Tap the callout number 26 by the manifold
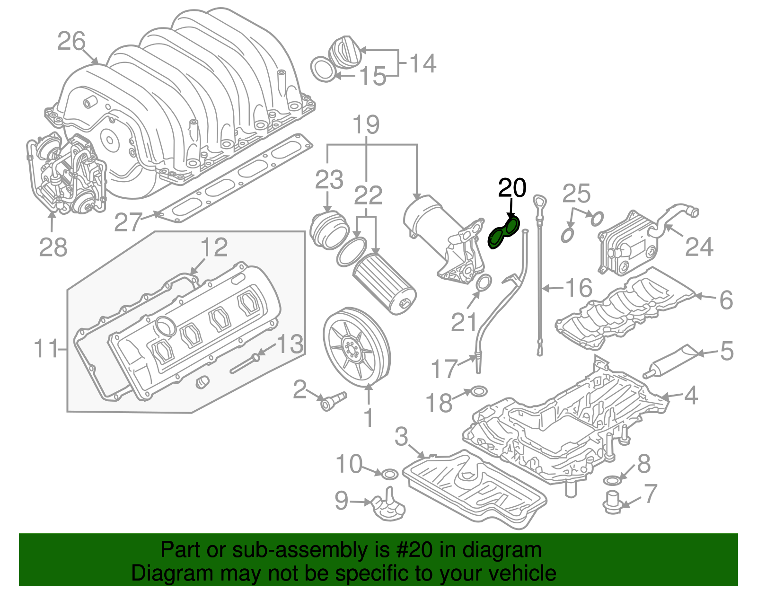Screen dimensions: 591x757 pos(71,41)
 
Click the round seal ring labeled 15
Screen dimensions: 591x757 pos(322,69)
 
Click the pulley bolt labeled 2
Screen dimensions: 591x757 pos(333,401)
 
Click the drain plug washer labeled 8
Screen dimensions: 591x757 pos(612,481)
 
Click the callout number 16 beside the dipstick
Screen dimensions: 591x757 pos(579,288)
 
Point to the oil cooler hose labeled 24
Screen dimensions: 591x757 pos(672,219)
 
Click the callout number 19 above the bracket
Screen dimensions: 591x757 pos(366,125)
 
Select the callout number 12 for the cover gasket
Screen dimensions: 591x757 pos(214,247)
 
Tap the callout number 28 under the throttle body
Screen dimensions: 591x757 pos(53,247)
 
